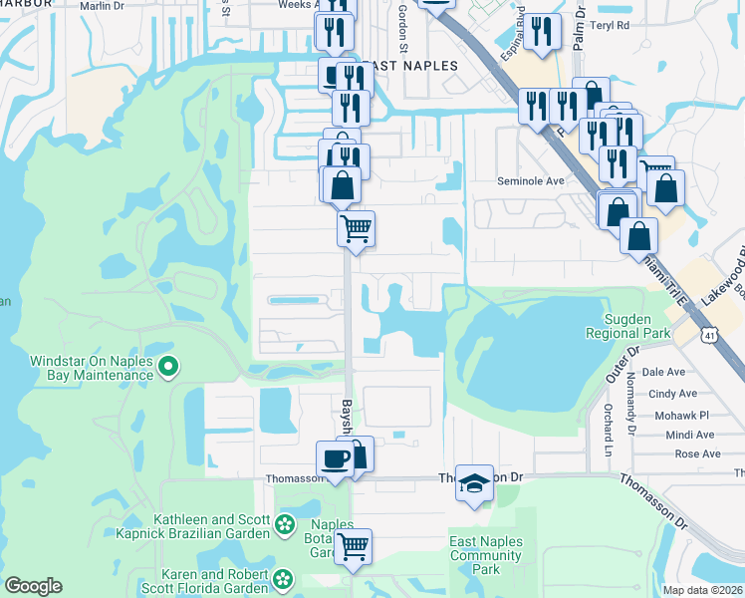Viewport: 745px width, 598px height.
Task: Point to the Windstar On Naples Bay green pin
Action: (x=168, y=368)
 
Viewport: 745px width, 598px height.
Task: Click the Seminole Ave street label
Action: (x=531, y=181)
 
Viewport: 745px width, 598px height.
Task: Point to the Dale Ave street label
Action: (x=664, y=372)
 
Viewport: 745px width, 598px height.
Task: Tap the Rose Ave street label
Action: (x=697, y=453)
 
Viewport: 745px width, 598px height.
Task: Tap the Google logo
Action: (x=33, y=586)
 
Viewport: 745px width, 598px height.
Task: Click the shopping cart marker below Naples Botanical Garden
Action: (x=353, y=546)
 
